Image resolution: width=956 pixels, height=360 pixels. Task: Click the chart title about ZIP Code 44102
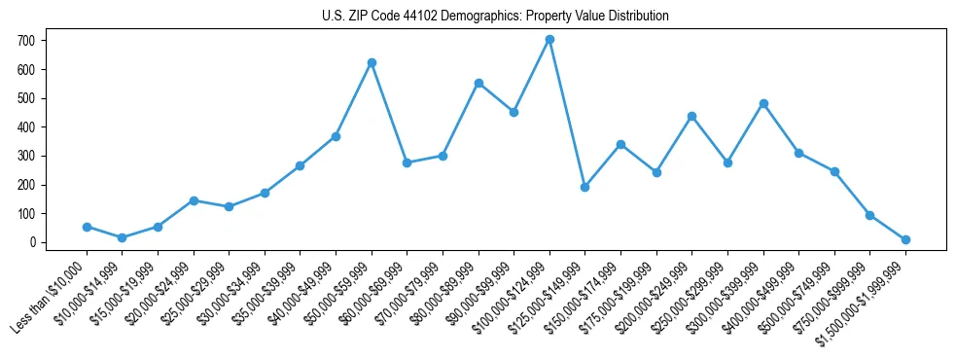[x=495, y=16]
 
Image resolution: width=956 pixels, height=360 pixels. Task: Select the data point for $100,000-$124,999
[x=549, y=40]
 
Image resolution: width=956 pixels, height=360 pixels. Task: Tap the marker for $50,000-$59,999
[x=372, y=62]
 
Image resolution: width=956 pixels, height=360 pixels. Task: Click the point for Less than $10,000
[x=87, y=227]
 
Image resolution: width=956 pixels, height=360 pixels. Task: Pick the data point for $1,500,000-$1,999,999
[x=905, y=239]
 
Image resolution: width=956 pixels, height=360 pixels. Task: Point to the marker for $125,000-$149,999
[x=585, y=187]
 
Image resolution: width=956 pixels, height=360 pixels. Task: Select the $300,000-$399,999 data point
[x=763, y=103]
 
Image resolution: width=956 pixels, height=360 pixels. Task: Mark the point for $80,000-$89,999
[x=478, y=83]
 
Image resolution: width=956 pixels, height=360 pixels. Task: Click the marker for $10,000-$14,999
[x=122, y=237]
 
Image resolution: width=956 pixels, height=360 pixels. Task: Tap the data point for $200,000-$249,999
[x=691, y=116]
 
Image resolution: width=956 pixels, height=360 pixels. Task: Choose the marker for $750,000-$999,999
[x=869, y=215]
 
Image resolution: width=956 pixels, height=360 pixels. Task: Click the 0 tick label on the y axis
[x=31, y=242]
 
